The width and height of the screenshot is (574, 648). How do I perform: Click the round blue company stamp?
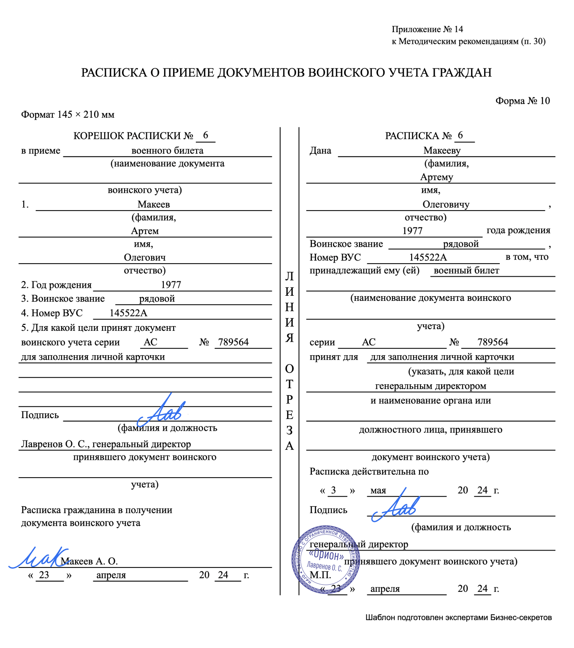point(325,559)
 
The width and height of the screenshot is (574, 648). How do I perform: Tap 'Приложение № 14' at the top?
point(427,29)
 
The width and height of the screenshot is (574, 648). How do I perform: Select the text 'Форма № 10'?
point(523,101)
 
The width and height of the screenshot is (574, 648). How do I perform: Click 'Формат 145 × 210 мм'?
point(68,115)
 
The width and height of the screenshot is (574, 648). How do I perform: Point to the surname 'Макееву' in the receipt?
point(442,151)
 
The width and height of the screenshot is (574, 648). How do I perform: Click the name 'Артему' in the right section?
point(436,177)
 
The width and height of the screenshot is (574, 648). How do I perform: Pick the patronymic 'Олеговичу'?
point(446,205)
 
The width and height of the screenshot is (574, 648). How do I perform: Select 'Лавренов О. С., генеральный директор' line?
point(106,444)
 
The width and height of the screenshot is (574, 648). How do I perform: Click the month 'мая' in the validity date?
point(378,491)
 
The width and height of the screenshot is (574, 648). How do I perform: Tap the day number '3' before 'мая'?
point(333,490)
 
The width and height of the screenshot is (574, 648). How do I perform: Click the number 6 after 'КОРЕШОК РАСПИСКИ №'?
point(206,135)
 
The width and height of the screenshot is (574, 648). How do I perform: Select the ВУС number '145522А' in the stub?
point(128,313)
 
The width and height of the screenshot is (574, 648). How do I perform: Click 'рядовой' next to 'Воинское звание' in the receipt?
point(461,244)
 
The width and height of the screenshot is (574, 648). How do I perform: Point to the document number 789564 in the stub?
point(233,342)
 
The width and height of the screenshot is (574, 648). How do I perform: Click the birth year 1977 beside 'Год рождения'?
point(171,285)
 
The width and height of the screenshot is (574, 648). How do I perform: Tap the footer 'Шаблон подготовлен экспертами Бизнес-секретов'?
point(458,618)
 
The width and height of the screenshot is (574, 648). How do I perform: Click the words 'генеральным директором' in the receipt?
point(430,386)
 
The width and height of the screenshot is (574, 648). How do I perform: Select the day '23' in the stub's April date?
point(44,575)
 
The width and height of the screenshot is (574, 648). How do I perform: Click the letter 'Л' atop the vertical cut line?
point(290,276)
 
